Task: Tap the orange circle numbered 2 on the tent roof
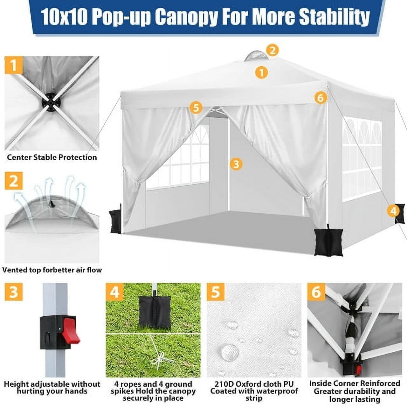pos(272,50)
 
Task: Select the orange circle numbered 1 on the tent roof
pos(261,72)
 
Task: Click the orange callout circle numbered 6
pos(320,98)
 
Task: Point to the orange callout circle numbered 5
pos(196,108)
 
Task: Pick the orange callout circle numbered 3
pos(236,164)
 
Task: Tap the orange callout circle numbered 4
pos(393,211)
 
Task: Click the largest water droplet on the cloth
pos(230,351)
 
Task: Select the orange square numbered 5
pos(215,292)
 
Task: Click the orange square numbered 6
pos(316,292)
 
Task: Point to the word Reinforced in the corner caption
pos(379,383)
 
